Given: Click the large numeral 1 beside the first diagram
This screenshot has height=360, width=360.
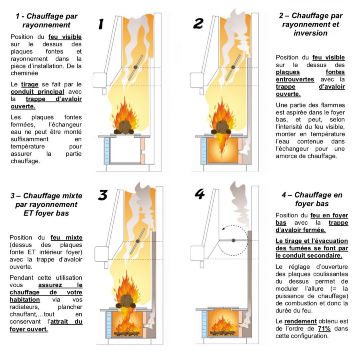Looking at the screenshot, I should (101, 24).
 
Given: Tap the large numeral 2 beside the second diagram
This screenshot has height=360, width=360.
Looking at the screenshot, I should (198, 24).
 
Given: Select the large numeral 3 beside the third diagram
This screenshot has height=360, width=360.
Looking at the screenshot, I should (102, 195).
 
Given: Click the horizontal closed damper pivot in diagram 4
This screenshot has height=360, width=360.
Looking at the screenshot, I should (234, 240).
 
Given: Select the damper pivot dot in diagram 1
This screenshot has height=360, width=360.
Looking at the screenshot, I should (136, 67).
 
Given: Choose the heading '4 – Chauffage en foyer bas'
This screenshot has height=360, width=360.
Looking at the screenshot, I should (312, 199).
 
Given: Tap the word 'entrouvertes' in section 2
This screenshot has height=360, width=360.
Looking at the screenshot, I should (295, 79).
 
